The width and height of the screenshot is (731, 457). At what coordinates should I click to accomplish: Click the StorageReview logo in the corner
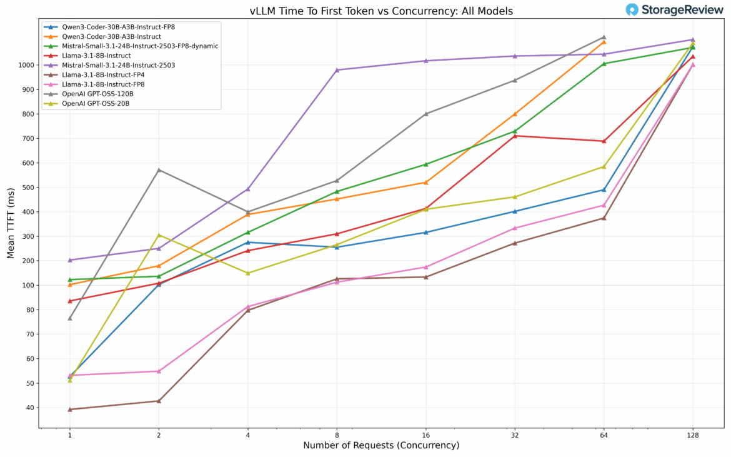675,9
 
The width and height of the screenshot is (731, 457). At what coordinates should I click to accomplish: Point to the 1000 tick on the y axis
27,65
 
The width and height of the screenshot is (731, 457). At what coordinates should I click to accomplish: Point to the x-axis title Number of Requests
381,446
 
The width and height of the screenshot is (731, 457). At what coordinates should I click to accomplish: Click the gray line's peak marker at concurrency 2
159,170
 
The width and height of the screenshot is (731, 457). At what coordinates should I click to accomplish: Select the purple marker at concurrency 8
337,70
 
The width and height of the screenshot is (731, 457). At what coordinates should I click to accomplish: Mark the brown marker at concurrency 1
70,409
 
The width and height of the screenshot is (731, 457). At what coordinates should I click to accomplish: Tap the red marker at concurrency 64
604,141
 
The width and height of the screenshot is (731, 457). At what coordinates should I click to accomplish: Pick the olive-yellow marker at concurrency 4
248,273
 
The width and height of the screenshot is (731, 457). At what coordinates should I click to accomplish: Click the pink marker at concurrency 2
159,371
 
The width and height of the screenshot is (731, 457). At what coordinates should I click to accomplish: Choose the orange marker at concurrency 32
515,114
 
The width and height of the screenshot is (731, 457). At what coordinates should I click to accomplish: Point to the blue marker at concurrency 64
604,189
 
